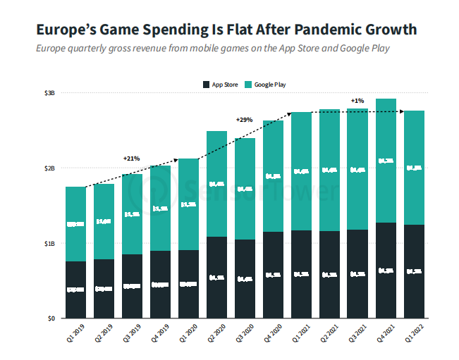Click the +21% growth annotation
coord(132,158)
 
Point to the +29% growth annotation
coord(244,120)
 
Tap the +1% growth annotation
coord(357,101)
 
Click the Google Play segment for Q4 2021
coord(386,161)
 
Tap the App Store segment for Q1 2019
coord(75,290)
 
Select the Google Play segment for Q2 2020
coord(216,184)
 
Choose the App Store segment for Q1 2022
coord(414,271)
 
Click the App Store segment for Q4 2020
coord(273,275)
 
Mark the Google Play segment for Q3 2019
coord(132,214)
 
